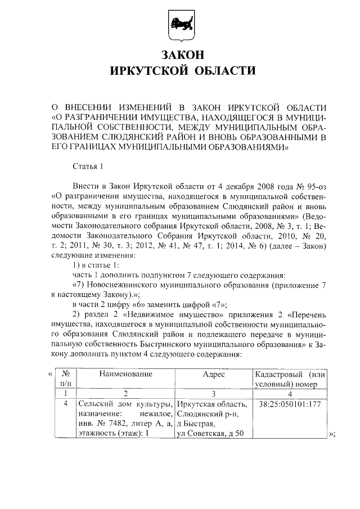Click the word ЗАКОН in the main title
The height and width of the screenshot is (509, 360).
coord(180,55)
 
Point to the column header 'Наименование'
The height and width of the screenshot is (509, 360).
coord(126,374)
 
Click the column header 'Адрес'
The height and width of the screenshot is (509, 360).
coord(214,374)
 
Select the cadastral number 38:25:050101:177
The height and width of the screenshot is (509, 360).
coord(290,404)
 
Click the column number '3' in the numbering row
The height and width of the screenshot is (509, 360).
coord(214,394)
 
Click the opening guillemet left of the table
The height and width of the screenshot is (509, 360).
coord(50,374)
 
